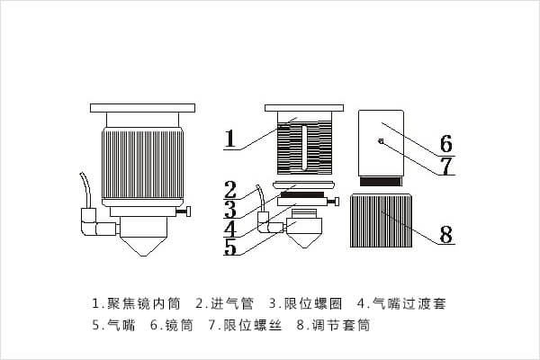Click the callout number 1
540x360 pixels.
tap(230, 139)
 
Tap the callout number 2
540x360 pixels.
tap(230, 190)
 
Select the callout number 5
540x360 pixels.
tap(230, 247)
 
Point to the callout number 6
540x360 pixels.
tap(445, 144)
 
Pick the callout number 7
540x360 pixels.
tap(445, 166)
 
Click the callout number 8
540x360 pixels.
tap(445, 235)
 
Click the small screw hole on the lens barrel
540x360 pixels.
tap(382, 141)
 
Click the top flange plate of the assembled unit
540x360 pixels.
tap(142, 107)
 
